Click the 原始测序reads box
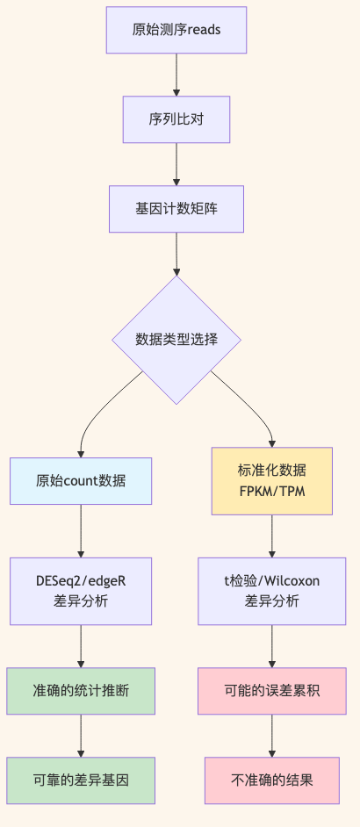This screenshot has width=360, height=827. click(176, 30)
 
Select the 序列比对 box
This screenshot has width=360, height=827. click(176, 119)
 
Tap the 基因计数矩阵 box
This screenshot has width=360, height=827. click(176, 209)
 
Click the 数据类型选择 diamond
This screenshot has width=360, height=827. click(176, 340)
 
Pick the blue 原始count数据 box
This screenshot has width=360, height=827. click(81, 481)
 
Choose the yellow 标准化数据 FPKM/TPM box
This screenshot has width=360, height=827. click(271, 481)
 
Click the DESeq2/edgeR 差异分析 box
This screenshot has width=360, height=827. click(81, 591)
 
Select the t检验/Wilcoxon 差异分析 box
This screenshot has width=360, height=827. click(271, 591)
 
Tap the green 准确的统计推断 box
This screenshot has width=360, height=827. click(81, 691)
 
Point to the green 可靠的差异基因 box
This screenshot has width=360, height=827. click(81, 780)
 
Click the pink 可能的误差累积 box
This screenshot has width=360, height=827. click(271, 691)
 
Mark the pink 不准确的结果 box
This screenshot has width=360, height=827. click(271, 780)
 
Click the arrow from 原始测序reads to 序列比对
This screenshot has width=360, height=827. click(176, 74)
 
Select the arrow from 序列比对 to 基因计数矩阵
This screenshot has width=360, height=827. click(176, 163)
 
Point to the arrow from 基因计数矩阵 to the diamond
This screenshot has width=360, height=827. click(176, 255)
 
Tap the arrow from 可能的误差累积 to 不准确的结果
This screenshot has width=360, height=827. click(271, 735)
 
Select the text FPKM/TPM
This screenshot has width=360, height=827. click(271, 491)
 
